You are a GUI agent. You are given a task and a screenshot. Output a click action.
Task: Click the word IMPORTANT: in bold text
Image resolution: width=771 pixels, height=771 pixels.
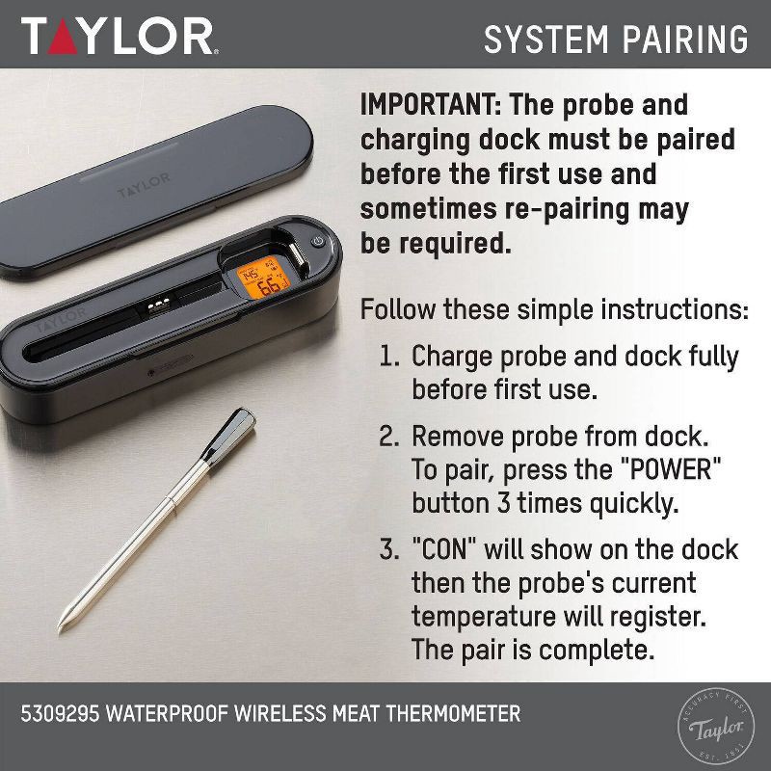point(431,104)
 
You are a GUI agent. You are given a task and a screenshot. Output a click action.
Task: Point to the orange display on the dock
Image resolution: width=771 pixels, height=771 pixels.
point(261,279)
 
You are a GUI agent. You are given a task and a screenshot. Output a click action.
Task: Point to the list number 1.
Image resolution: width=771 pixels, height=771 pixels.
point(388,357)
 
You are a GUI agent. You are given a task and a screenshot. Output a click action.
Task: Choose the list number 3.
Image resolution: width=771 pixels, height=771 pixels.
point(388,549)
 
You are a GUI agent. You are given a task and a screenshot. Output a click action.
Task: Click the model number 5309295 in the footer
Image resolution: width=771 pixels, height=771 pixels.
point(63,714)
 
